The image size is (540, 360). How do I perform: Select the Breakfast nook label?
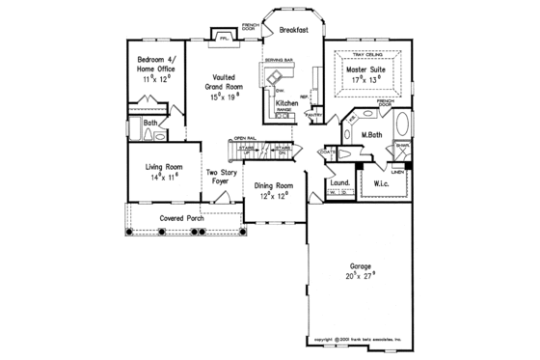294,30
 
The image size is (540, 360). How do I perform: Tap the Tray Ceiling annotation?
364,54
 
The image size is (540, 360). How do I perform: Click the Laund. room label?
339,181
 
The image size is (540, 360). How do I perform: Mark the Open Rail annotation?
243,139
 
